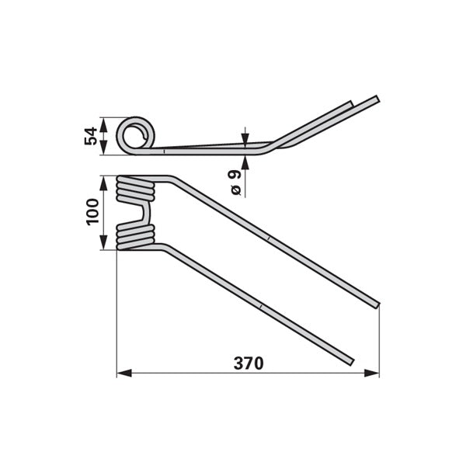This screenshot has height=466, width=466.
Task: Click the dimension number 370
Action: coord(249,363)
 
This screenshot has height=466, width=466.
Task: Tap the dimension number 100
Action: coord(92,212)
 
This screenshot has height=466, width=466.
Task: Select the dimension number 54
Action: coord(91,136)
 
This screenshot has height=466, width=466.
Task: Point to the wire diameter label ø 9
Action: coord(236,183)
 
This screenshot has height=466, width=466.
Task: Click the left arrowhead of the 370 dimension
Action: coord(124,373)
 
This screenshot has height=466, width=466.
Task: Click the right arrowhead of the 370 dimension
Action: coord(372,373)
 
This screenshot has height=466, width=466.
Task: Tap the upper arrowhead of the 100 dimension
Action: coord(103,183)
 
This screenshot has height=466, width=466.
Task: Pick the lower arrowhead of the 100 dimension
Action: coord(103,242)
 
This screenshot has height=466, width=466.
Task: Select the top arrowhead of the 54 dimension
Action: coord(103,125)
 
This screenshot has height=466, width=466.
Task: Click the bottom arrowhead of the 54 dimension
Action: coord(103,148)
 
